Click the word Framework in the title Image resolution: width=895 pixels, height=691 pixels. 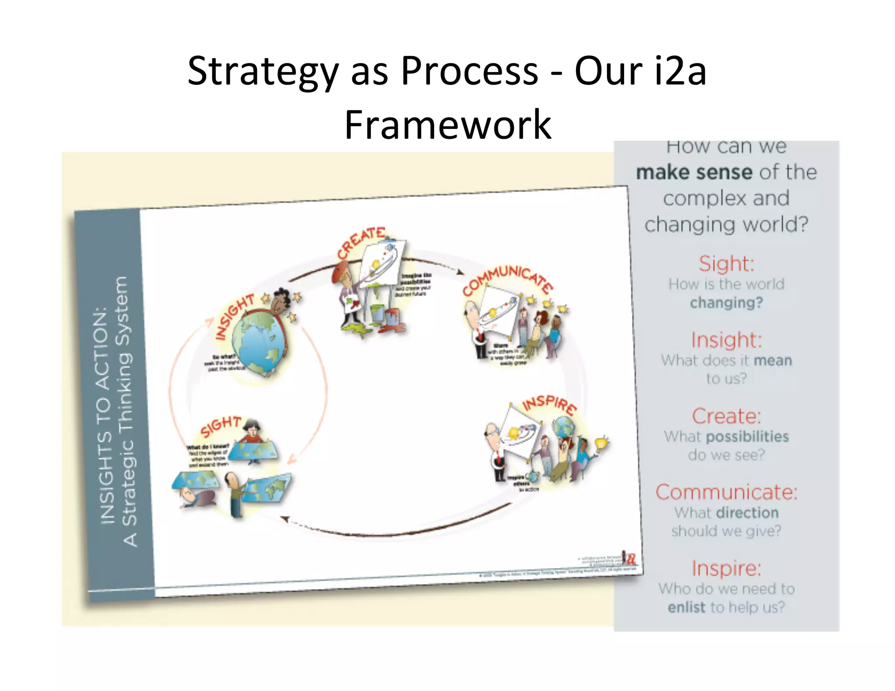[x=447, y=125]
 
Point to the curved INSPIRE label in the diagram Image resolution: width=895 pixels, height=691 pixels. [x=550, y=404]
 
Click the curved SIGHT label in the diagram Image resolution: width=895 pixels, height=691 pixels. [x=221, y=426]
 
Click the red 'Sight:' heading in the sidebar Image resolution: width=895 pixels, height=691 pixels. [x=726, y=264]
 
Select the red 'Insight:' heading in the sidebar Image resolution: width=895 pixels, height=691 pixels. [x=726, y=340]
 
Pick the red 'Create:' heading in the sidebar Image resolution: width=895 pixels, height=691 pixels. [x=726, y=416]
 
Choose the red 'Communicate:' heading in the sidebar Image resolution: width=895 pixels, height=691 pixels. [x=726, y=492]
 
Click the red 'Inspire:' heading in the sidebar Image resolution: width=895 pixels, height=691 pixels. [x=726, y=569]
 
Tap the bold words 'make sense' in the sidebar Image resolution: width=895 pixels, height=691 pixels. [x=694, y=173]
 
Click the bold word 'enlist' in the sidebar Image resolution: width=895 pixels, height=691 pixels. [x=686, y=608]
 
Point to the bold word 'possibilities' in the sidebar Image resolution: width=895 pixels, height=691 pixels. [x=747, y=437]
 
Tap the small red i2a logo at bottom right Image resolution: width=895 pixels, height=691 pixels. [x=630, y=558]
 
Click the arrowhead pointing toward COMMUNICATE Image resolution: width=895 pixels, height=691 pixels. [x=460, y=272]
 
